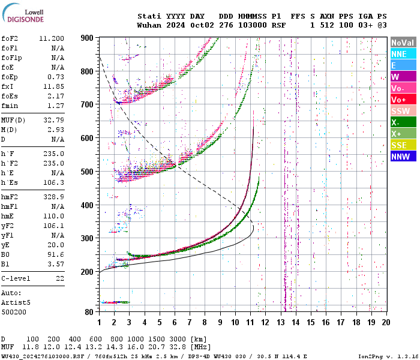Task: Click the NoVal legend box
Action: click(x=402, y=43)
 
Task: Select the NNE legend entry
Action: click(x=402, y=54)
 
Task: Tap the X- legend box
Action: click(x=402, y=122)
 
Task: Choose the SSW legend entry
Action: click(x=402, y=111)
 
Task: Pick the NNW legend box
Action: click(x=402, y=157)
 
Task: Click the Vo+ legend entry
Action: click(x=402, y=100)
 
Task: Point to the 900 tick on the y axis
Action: click(x=88, y=38)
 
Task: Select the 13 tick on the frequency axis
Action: click(x=280, y=322)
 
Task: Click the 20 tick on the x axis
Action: click(x=386, y=322)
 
